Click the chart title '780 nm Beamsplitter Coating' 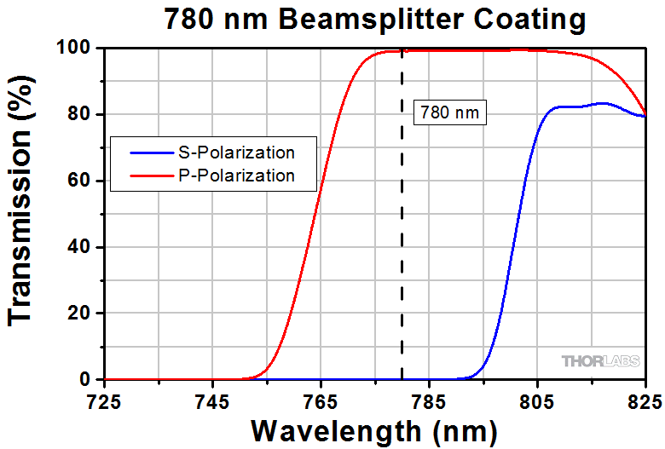375,18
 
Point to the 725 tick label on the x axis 103,399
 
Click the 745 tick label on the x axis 211,399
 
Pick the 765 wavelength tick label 320,399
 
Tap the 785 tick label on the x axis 428,399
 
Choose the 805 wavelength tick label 536,399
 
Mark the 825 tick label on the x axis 645,399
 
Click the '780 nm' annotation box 449,112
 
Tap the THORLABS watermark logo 601,361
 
